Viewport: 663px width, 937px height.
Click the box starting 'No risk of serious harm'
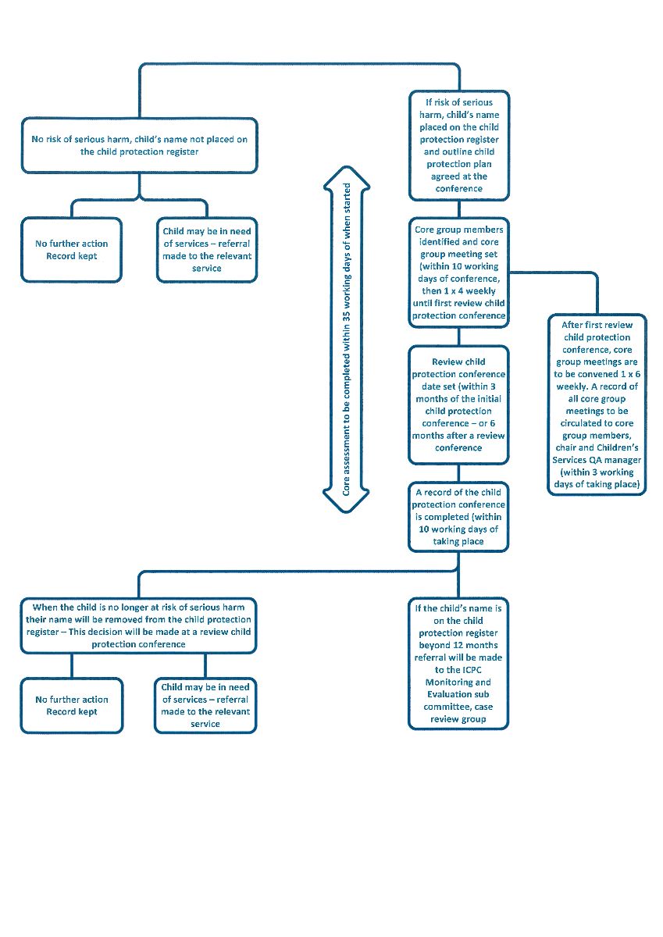click(x=139, y=145)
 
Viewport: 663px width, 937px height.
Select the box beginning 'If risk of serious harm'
click(x=458, y=144)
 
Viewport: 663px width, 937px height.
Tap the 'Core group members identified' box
click(x=458, y=272)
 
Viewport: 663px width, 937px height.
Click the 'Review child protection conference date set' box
click(x=458, y=404)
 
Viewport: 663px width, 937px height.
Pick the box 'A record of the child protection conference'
click(x=458, y=516)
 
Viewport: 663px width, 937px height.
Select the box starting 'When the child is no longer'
click(x=139, y=625)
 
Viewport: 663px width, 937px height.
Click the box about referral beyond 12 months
click(x=458, y=663)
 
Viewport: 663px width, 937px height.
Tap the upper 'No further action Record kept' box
click(x=72, y=250)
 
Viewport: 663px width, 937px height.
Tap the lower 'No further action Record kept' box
click(x=72, y=705)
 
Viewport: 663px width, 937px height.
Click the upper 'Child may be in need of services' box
click(x=206, y=250)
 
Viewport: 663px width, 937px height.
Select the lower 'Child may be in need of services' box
click(x=206, y=705)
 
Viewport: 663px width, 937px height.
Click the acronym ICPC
click(x=471, y=669)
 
